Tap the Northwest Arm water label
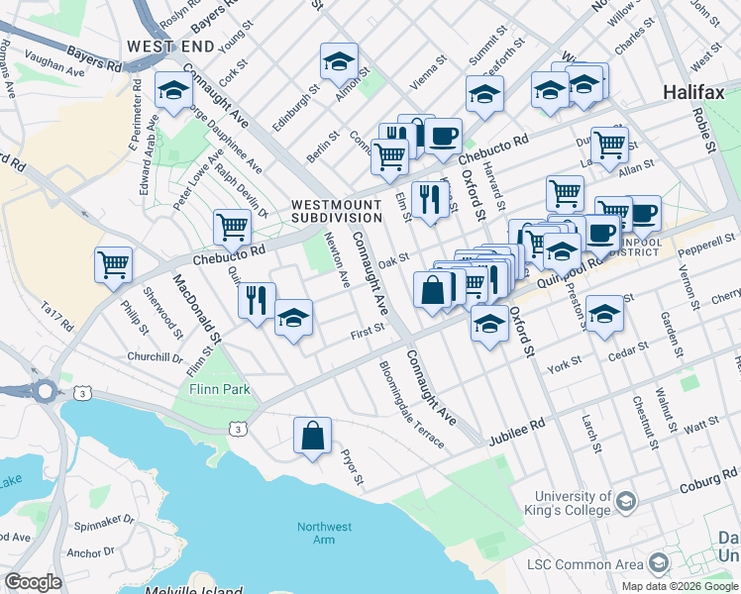pyautogui.click(x=323, y=533)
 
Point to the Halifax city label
pyautogui.click(x=695, y=92)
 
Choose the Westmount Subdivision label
pyautogui.click(x=337, y=211)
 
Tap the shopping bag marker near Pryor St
pyautogui.click(x=312, y=436)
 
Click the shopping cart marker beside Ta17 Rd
pyautogui.click(x=114, y=264)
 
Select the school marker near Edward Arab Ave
pyautogui.click(x=174, y=91)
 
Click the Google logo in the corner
pyautogui.click(x=33, y=582)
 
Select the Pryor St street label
pyautogui.click(x=354, y=466)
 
